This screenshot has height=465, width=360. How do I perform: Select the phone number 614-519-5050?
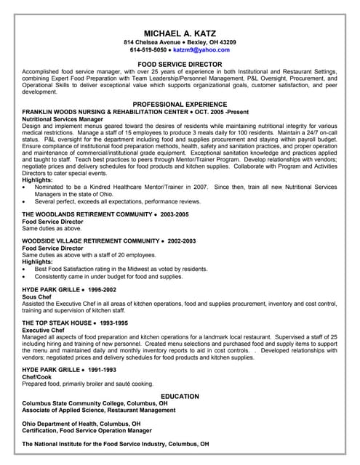148,50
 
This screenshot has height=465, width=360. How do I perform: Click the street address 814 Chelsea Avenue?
157,42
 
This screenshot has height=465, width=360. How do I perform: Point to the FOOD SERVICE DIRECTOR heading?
180,65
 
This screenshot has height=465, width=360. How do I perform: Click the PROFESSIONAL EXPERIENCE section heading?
180,104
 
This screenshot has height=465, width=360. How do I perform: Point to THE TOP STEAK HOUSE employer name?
57,323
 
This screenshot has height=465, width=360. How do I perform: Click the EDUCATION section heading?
180,396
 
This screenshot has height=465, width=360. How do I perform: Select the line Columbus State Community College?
95,403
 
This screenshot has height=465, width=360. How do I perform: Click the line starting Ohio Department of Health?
81,423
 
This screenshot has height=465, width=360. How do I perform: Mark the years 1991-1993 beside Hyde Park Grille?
100,369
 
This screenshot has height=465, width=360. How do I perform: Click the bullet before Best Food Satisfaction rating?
25,269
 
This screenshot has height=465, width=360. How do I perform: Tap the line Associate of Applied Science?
98,410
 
